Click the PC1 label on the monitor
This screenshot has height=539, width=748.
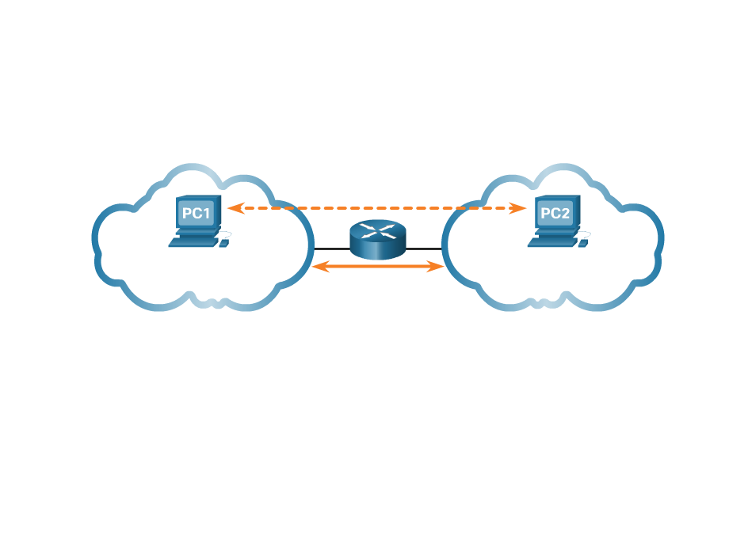197,214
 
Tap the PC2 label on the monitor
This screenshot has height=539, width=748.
555,214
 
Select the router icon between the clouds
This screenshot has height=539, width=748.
377,239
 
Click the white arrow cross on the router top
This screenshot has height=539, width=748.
377,230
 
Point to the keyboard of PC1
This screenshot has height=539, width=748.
193,242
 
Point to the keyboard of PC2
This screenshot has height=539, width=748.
551,242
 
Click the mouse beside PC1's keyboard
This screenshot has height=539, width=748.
223,242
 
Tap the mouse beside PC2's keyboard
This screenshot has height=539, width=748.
583,242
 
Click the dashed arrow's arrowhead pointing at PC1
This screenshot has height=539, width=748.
233,208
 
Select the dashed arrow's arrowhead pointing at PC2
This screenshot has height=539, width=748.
520,208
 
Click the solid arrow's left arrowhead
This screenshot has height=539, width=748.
319,267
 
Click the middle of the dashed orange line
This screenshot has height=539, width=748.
377,208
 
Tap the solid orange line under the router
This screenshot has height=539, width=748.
377,267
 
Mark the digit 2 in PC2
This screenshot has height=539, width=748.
566,214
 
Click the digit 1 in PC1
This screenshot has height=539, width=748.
207,214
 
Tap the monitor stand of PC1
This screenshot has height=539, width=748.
197,232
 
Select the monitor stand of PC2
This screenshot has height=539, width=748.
555,232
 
